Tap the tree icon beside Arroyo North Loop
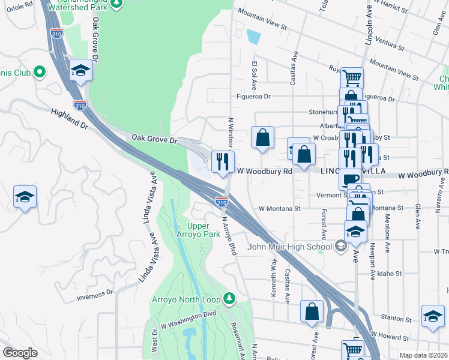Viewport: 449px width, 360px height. point(228,298)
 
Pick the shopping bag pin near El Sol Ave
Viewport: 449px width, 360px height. point(262,137)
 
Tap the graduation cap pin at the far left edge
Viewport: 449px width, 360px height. point(25,197)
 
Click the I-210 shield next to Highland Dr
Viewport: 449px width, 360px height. point(80,104)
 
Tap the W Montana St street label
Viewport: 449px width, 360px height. point(279,209)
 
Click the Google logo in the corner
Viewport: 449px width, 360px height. point(20,353)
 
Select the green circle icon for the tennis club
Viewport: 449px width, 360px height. point(40,73)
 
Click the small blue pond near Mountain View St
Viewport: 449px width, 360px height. point(254,37)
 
